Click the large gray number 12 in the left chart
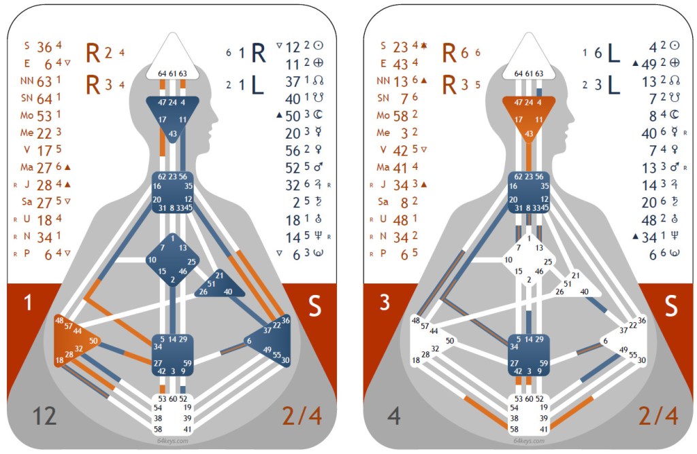[x=44, y=416]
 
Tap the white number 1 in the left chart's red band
[x=28, y=303]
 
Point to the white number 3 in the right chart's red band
[x=385, y=303]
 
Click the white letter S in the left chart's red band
[x=314, y=307]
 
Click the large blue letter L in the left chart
[x=257, y=85]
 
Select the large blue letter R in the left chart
[x=258, y=53]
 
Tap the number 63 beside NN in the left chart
[x=44, y=81]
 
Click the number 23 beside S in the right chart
[x=401, y=47]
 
